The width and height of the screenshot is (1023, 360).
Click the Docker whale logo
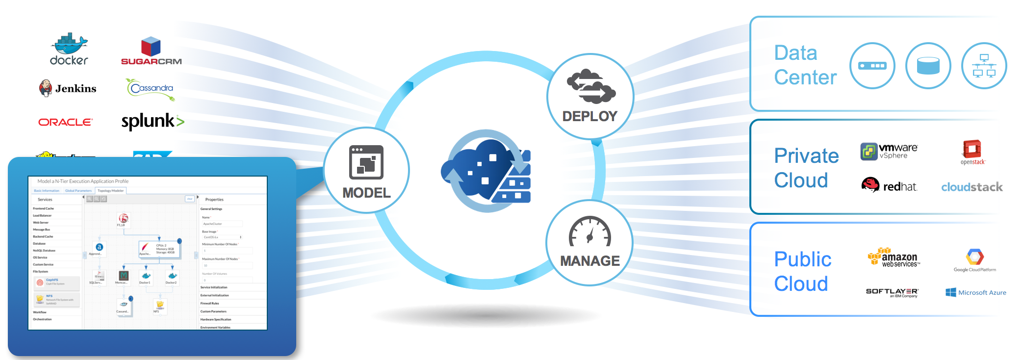point(69,45)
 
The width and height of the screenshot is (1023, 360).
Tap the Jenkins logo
point(68,88)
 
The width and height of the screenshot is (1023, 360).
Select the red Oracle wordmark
point(65,122)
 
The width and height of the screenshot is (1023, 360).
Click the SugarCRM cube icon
point(151,47)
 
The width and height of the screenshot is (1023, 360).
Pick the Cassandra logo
point(151,89)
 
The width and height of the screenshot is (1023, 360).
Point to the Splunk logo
point(153,121)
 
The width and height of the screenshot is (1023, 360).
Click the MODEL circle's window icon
point(366,162)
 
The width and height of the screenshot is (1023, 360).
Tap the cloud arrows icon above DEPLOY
point(590,87)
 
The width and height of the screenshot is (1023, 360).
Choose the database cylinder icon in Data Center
point(928,66)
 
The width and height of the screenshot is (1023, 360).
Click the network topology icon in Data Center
point(984,66)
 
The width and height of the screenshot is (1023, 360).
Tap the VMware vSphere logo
point(889,151)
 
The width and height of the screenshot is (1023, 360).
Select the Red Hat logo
point(889,185)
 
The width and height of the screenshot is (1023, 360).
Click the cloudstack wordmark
point(972,187)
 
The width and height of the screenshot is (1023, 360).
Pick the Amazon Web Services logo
point(893,257)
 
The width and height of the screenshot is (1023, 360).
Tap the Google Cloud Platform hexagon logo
point(974,257)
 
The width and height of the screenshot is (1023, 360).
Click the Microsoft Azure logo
point(975,292)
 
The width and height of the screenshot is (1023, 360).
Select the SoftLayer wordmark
point(892,292)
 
